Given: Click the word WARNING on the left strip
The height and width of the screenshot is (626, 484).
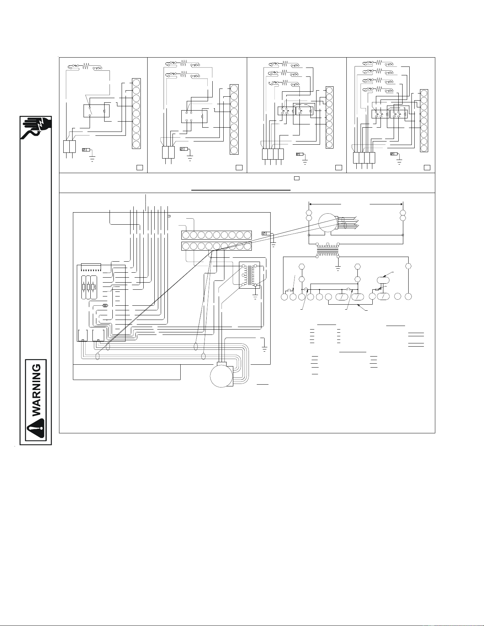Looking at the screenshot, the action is coord(37,389).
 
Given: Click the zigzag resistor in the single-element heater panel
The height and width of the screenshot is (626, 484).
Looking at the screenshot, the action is coord(86,66).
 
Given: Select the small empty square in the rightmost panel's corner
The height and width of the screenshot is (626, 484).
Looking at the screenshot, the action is coord(427,167).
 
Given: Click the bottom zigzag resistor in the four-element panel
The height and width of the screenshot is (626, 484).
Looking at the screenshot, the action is coord(379,88).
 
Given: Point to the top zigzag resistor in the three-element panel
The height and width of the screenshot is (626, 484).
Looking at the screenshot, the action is coord(284,64).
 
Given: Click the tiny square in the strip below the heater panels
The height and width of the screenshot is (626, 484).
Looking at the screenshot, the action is coord(296,177).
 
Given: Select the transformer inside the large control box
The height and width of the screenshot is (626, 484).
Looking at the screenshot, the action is coord(249,275).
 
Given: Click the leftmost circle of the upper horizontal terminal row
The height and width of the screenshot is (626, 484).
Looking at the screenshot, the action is coord(186,235).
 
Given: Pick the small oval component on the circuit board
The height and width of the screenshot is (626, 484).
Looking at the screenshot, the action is coord(105,305).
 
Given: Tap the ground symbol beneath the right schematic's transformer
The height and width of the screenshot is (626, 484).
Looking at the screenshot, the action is coord(338,267).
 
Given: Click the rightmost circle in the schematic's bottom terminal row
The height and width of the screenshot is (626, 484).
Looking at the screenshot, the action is coord(409,296).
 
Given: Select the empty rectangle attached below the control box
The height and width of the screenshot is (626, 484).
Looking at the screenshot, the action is coord(127,372).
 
